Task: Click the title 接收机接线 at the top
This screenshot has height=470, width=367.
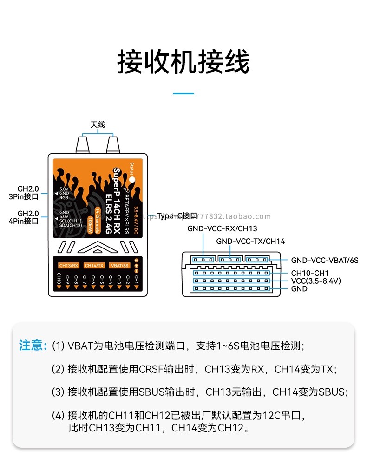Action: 183,62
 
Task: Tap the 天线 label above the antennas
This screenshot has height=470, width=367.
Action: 98,124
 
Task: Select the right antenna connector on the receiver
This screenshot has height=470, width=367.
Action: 113,144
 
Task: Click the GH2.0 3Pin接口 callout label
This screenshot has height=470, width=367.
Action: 28,193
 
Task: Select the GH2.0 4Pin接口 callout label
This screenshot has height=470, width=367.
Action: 28,217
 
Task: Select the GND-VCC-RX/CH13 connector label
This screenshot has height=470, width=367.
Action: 222,228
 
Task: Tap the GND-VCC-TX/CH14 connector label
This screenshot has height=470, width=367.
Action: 250,242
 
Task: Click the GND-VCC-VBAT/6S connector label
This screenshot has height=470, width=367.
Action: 325,261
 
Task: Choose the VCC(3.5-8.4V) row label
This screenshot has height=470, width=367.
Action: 316,281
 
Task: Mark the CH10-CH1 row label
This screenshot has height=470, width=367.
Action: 309,273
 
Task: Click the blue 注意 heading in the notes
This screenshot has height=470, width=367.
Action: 33,346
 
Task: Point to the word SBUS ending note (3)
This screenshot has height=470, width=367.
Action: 332,392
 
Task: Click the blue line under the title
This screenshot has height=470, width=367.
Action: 183,93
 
